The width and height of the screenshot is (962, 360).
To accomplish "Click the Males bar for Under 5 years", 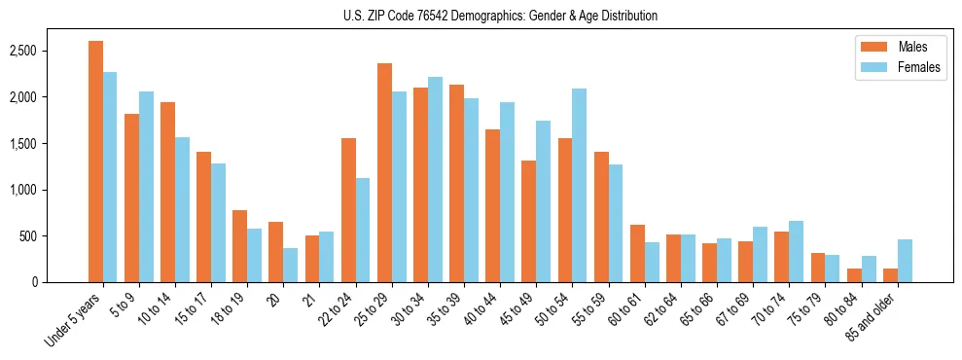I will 95,162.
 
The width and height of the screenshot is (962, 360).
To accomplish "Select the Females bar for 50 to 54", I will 580,185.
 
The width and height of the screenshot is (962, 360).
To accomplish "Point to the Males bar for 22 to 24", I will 348,210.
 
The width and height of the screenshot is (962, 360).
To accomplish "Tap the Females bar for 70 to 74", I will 797,251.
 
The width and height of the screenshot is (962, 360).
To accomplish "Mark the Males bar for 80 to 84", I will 854,275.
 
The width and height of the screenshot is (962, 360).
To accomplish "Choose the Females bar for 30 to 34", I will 435,179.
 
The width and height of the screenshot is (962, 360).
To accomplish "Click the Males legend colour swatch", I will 869,47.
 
